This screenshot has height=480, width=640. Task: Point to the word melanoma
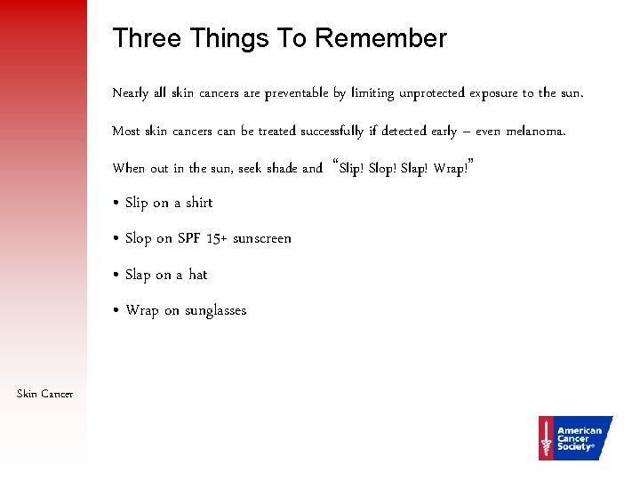535,132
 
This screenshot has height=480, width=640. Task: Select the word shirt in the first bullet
199,203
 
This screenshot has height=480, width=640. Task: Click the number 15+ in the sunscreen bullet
217,238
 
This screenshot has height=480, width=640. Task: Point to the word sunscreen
262,238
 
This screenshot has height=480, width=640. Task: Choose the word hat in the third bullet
197,275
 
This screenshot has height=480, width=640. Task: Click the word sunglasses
215,310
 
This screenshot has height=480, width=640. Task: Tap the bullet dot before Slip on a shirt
116,204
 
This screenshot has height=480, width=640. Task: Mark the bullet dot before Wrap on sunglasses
116,311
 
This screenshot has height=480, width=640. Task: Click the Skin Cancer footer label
44,394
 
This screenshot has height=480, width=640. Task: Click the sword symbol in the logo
546,438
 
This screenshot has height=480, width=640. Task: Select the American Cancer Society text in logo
579,438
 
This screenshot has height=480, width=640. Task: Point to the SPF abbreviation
189,238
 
